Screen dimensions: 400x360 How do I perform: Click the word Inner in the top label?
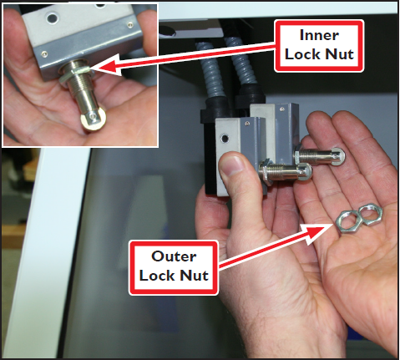click(319, 35)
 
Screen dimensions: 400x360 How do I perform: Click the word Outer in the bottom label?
click(174, 256)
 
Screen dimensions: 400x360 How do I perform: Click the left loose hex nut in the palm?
click(347, 221)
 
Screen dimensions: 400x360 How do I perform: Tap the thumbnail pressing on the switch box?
click(231, 165)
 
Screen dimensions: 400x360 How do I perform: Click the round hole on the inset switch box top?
click(53, 18)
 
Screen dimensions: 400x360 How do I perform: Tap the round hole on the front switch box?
click(225, 137)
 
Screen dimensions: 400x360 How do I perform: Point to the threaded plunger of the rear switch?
click(320, 157)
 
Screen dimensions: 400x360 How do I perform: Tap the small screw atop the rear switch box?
click(282, 109)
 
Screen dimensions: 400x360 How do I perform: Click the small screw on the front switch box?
click(247, 123)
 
